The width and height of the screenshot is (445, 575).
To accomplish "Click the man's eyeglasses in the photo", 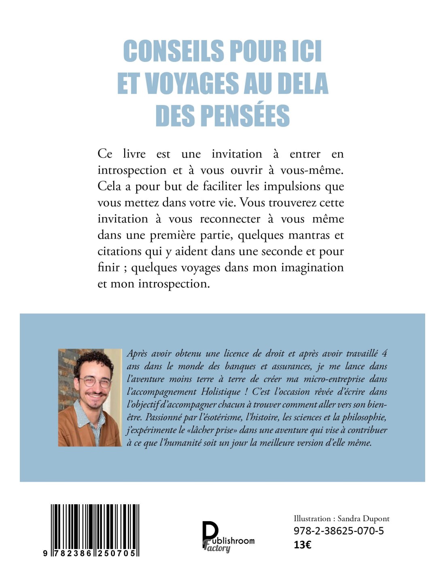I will click(x=95, y=381).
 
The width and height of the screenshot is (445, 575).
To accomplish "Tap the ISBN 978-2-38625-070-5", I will click(x=339, y=531).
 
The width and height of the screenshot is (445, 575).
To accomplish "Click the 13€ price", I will click(x=302, y=545).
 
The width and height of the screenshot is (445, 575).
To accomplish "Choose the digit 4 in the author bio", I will click(x=384, y=353).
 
